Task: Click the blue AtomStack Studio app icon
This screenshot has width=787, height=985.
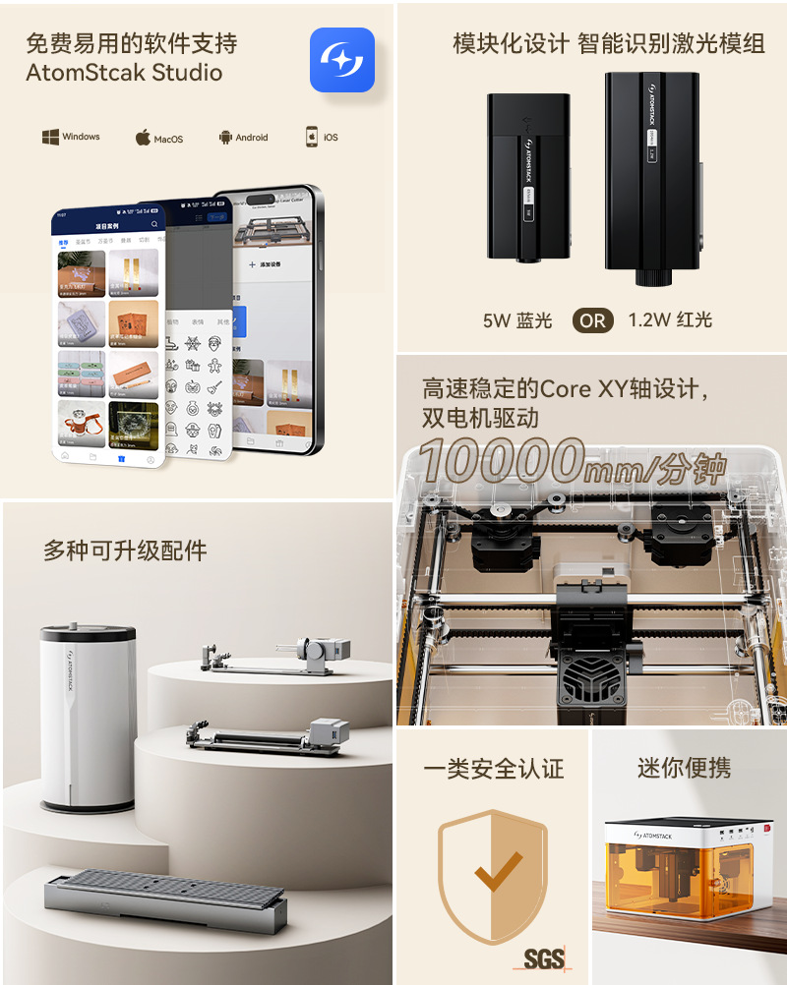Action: (341, 60)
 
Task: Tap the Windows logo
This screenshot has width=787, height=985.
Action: (50, 138)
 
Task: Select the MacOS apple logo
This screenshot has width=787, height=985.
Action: (143, 138)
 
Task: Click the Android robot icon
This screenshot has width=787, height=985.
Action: (225, 138)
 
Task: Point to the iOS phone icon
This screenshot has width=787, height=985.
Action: (312, 137)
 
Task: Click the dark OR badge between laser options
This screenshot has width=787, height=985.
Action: (593, 320)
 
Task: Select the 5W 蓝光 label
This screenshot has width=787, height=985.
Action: (517, 320)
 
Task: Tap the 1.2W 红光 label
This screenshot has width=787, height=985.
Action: (670, 320)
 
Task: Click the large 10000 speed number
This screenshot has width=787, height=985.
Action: (501, 461)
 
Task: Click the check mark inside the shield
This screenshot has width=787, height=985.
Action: (498, 870)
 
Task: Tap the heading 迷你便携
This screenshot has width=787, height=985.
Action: (684, 769)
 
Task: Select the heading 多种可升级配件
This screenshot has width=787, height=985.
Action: (125, 550)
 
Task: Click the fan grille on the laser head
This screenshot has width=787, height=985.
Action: (584, 679)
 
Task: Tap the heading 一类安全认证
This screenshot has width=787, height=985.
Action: (494, 769)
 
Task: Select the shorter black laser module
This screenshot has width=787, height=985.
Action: (527, 177)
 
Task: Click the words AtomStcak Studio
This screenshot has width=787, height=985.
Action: (124, 73)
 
